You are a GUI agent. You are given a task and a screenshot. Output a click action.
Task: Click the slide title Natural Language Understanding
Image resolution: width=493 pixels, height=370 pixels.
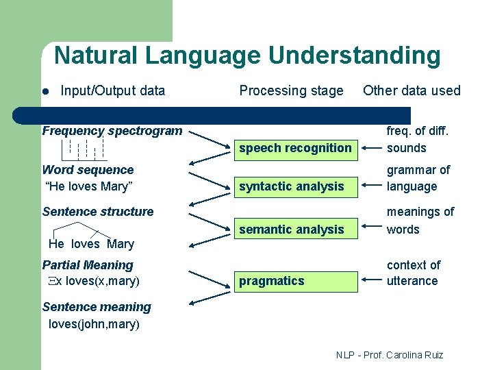(x=247, y=56)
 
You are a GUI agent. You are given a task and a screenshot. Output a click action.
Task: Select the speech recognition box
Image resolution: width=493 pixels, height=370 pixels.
(x=295, y=148)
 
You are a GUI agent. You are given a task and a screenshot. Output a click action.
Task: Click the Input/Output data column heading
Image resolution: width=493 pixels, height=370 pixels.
(x=112, y=90)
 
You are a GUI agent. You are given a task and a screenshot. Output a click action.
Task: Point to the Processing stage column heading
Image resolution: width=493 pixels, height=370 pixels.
(x=291, y=90)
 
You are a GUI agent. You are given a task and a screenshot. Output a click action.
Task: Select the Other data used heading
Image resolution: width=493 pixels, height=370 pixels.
(x=412, y=90)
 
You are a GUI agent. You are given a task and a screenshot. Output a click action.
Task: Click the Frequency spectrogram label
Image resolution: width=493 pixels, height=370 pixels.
(x=112, y=131)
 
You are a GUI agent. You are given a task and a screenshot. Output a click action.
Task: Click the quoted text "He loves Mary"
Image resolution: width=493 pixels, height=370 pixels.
(x=88, y=186)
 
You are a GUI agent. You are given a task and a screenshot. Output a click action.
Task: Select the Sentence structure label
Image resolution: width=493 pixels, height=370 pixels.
(x=98, y=212)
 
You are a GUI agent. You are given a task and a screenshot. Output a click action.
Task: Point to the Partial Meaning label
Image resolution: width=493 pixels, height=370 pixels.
(x=88, y=265)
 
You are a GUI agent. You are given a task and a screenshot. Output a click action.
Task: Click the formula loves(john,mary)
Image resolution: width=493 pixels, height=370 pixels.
(x=94, y=324)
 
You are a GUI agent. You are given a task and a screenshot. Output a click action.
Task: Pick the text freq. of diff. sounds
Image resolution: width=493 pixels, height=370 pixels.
(x=411, y=139)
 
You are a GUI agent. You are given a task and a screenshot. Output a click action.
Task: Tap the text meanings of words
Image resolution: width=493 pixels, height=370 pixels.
(x=420, y=221)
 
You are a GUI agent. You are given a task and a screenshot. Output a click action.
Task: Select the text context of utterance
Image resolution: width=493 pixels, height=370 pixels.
(x=413, y=273)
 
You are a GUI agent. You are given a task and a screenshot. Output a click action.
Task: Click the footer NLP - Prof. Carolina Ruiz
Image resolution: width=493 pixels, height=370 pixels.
(x=390, y=355)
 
